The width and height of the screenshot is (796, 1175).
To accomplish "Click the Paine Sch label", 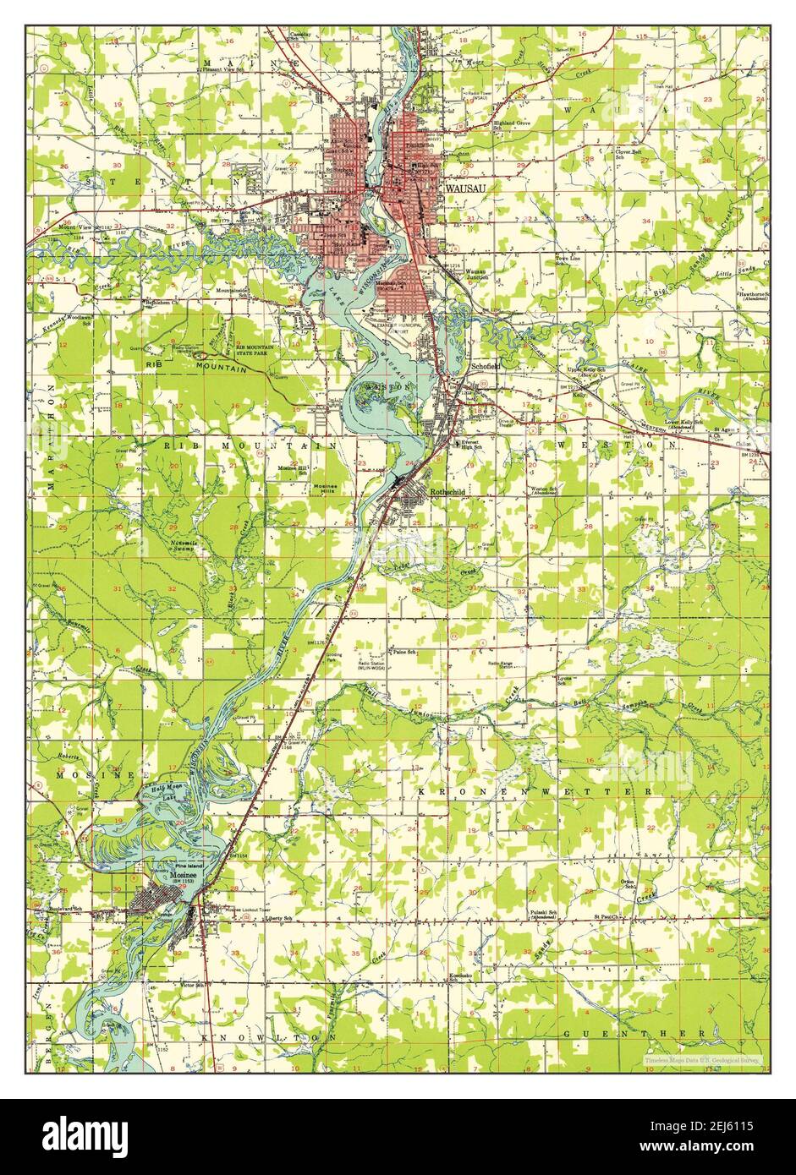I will tap(402, 653).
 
